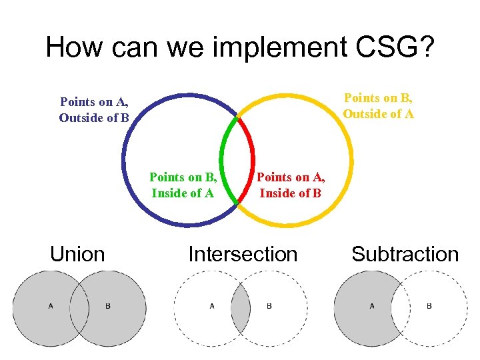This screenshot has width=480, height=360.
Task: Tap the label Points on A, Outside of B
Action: point(94,110)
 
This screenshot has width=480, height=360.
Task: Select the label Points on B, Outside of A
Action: point(379,105)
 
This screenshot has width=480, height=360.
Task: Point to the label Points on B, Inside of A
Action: point(183,185)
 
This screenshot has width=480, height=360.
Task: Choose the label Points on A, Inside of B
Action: point(290,185)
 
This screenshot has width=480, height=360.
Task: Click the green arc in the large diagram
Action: point(223,160)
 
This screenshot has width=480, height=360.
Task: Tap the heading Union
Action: point(77,254)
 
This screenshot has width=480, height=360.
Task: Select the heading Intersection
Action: point(243,254)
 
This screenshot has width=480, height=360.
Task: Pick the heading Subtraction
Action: point(405,254)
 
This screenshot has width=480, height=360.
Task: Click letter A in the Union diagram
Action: point(51,306)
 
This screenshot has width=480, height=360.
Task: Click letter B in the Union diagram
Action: point(108,306)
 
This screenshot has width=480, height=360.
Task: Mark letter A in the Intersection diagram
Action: point(212,306)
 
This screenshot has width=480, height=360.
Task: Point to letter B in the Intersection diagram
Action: point(269,306)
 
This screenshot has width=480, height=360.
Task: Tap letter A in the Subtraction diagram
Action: point(372,306)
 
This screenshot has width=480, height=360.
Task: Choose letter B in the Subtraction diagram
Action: point(429,306)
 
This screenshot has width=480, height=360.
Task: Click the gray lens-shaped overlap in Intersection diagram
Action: point(241,307)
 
